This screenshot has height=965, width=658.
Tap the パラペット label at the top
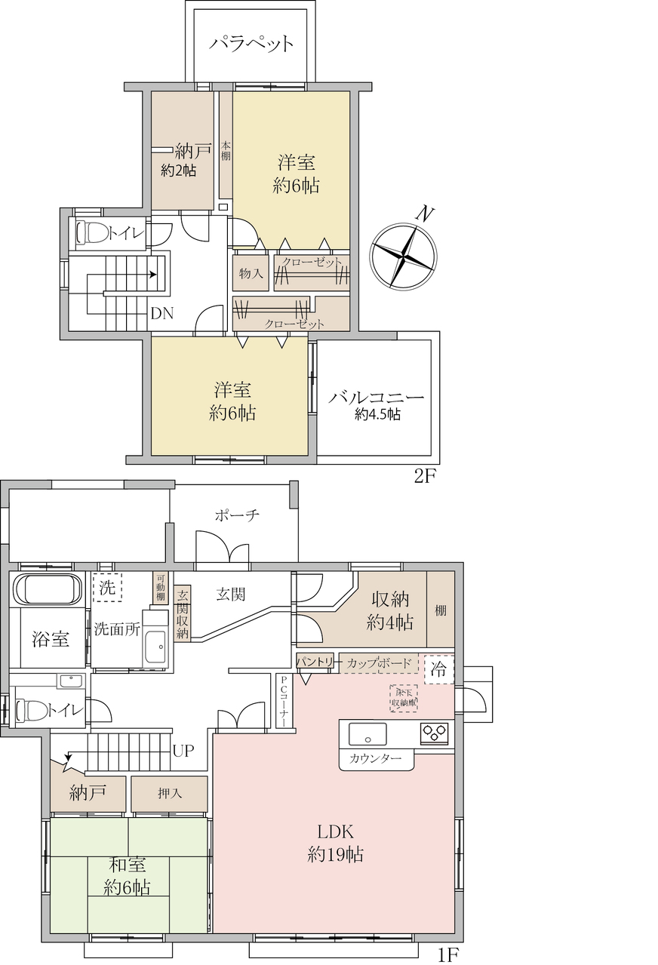251,44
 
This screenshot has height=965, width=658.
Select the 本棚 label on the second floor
226,151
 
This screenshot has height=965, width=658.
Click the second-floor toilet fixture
92,233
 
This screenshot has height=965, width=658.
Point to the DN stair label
162,314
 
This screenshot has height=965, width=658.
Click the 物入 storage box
251,273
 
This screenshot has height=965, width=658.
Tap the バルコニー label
377,397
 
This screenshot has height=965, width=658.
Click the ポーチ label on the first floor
237,515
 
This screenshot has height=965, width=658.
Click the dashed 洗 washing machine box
107,587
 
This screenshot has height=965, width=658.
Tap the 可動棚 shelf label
160,588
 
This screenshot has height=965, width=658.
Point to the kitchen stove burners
435,732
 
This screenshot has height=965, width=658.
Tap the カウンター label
376,758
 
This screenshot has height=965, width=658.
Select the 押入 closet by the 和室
169,794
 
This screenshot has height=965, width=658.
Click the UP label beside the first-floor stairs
183,751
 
